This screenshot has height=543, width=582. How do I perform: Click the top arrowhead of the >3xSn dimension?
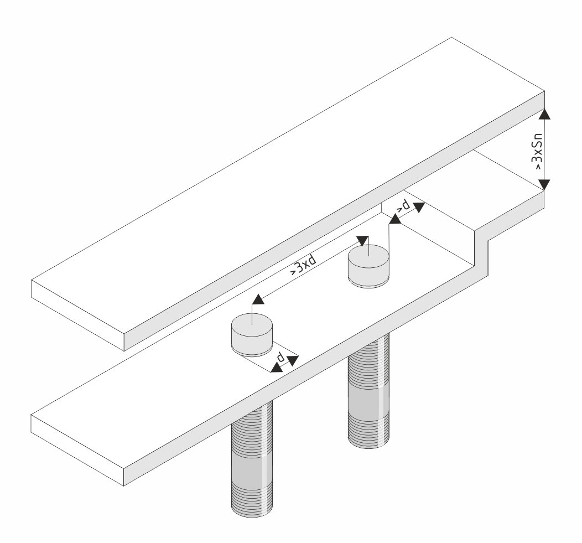tap(544, 113)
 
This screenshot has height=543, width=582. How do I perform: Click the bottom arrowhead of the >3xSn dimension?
tap(544, 184)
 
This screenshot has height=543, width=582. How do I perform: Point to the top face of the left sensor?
tap(252, 324)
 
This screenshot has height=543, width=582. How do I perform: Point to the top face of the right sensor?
tap(368, 256)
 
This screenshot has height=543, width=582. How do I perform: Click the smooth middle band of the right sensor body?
tap(368, 404)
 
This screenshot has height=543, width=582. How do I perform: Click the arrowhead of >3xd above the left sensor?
tap(258, 299)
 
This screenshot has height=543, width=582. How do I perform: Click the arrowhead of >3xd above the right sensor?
tap(362, 240)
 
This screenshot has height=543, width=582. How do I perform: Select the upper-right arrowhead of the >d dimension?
tap(419, 207)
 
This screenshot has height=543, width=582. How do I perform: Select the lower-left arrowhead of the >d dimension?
tap(396, 219)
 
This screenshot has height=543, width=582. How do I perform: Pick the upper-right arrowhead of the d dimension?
tap(293, 360)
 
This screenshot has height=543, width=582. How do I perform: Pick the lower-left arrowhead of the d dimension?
tap(276, 368)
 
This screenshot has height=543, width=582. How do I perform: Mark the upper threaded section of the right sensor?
tap(368, 362)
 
